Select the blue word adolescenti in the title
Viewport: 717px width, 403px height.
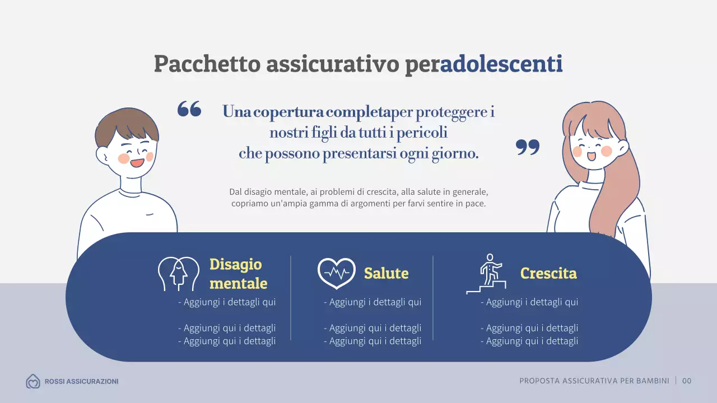pos(501,64)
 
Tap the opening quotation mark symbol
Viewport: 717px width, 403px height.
pos(189,109)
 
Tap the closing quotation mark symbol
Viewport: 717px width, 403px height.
pos(527,147)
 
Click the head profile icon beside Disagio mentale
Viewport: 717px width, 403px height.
pos(178,274)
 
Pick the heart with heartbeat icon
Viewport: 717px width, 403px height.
pos(336,273)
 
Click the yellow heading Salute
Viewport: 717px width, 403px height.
pos(386,273)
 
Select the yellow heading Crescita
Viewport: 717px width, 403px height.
pos(548,273)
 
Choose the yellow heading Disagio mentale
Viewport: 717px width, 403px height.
pos(238,274)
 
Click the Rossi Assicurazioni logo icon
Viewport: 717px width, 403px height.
pos(33,382)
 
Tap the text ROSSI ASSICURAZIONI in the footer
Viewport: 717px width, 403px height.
pos(81,382)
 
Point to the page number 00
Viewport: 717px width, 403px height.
pos(687,381)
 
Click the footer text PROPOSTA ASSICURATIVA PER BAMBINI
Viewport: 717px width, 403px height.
pos(594,381)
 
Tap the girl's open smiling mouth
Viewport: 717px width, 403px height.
pos(591,156)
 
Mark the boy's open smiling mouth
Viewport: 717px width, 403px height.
pos(137,163)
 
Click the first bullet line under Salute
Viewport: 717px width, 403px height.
pos(373,302)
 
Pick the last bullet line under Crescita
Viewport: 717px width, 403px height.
pos(529,341)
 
